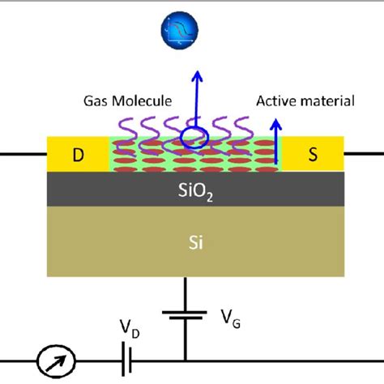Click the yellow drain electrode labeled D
78,154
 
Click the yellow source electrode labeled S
312,154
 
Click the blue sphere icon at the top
180,31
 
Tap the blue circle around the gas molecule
194,136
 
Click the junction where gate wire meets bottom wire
186,360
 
